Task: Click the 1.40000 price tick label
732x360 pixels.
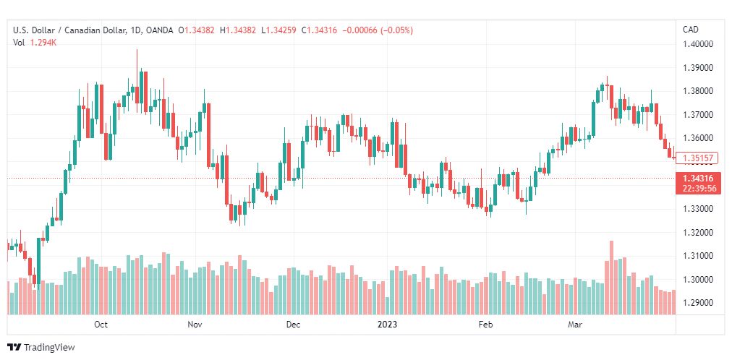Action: pyautogui.click(x=699, y=44)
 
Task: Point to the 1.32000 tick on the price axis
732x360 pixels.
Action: pyautogui.click(x=699, y=232)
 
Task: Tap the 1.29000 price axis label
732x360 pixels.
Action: pyautogui.click(x=699, y=303)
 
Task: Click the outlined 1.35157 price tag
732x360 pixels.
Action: pyautogui.click(x=697, y=158)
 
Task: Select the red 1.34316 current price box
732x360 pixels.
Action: pyautogui.click(x=698, y=184)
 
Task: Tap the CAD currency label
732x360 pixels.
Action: pyautogui.click(x=691, y=30)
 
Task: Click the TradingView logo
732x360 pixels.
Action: pyautogui.click(x=41, y=348)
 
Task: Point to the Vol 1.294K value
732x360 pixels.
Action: pyautogui.click(x=35, y=43)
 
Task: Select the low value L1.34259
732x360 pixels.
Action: pyautogui.click(x=278, y=30)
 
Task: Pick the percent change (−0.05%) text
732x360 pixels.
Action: pyautogui.click(x=396, y=30)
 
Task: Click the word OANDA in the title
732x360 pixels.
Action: pyautogui.click(x=160, y=30)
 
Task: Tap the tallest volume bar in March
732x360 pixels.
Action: pyautogui.click(x=611, y=278)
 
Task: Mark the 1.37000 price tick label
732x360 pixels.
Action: pyautogui.click(x=699, y=115)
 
